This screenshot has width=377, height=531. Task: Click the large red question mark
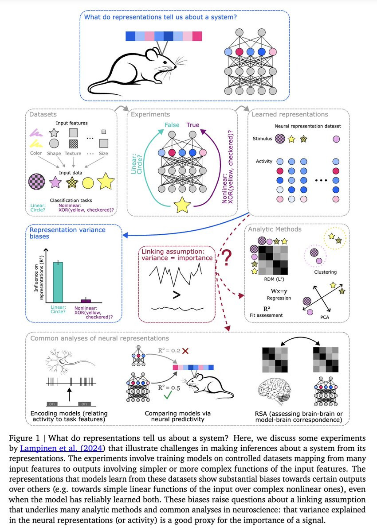(x=228, y=258)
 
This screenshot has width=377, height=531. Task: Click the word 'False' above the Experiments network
(x=172, y=125)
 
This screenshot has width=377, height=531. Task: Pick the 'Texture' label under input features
(x=73, y=153)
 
